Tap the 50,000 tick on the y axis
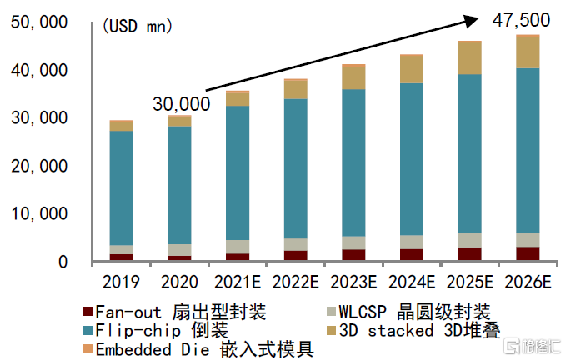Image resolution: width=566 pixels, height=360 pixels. click(38, 23)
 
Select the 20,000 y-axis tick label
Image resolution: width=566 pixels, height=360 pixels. click(38, 166)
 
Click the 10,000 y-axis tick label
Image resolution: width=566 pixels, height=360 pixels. click(38, 214)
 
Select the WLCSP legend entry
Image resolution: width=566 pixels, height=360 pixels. click(409, 312)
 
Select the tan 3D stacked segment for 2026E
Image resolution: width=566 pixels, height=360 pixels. click(528, 52)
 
